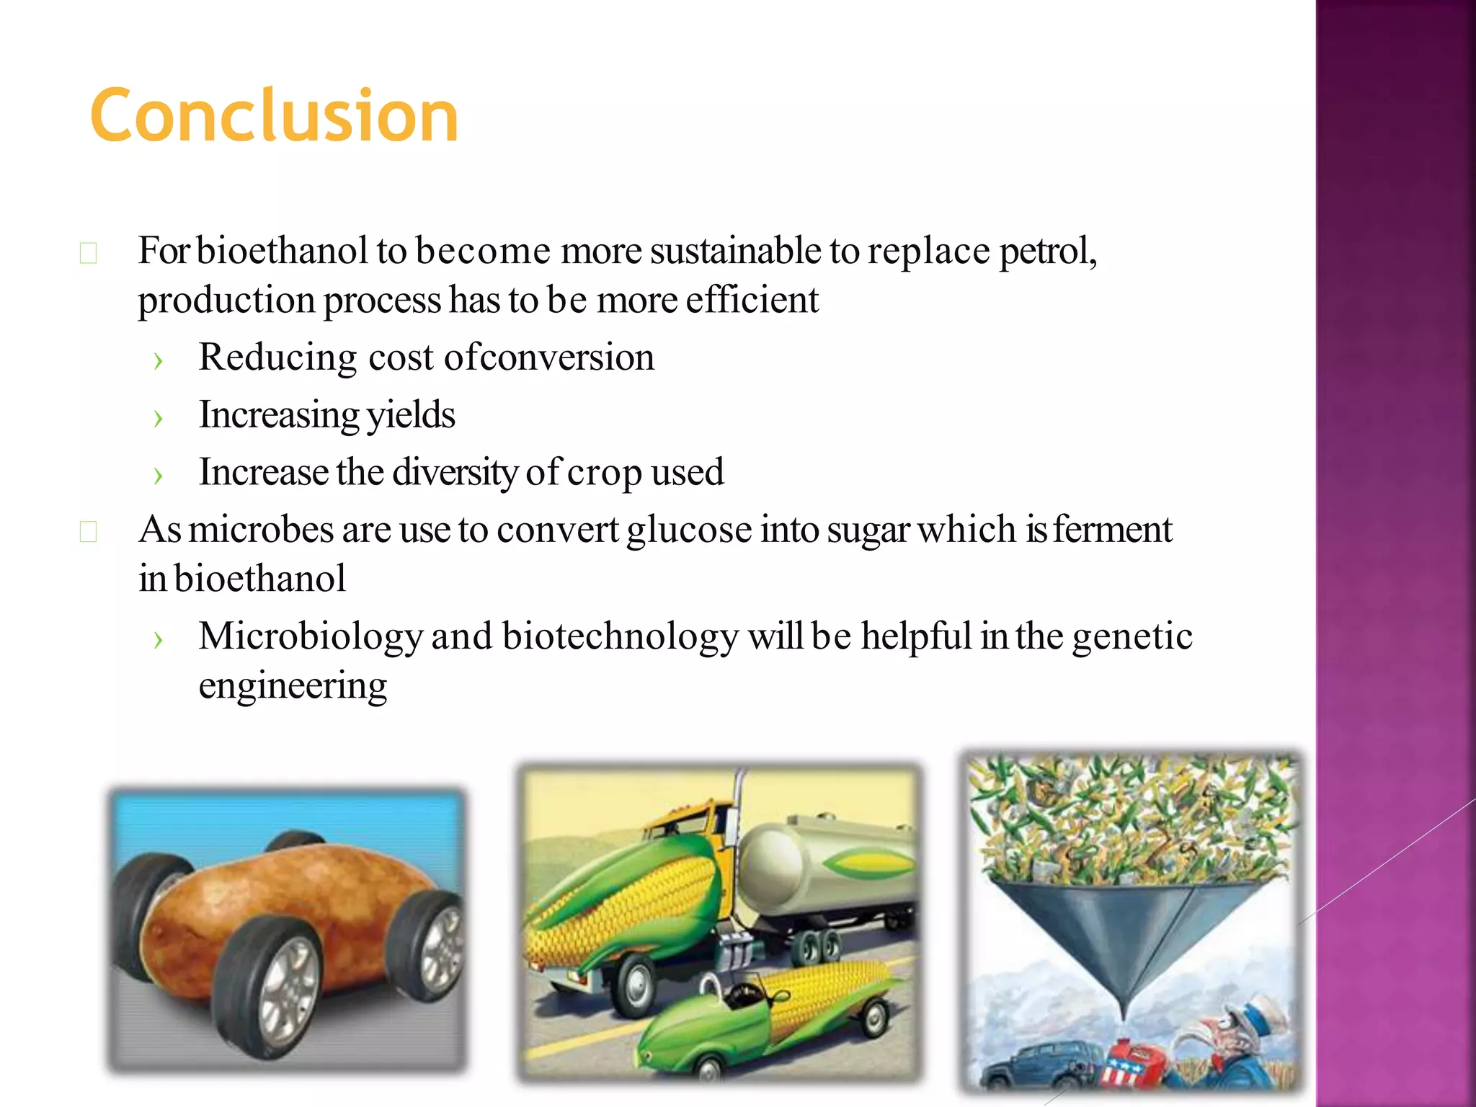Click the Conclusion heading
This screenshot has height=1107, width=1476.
tap(274, 115)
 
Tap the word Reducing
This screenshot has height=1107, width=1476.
tap(277, 358)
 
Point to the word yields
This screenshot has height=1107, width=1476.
tap(411, 416)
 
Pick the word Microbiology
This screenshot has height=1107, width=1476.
tap(311, 637)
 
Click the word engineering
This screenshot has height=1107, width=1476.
tap(293, 686)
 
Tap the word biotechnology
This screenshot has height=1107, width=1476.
tap(621, 637)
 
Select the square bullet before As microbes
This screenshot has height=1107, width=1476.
tap(88, 532)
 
